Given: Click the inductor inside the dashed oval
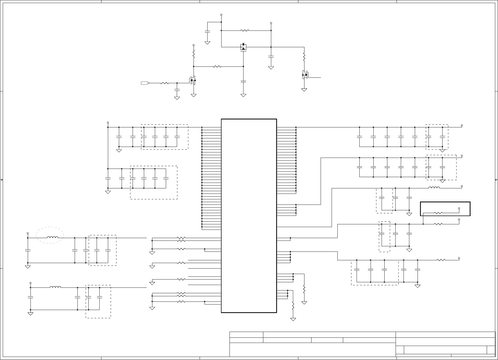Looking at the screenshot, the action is (52, 237).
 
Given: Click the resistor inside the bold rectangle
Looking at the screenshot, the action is (438, 213).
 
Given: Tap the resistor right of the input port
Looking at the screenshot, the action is (164, 83).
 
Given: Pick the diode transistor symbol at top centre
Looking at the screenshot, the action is (243, 47).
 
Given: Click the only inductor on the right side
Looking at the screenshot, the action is (434, 188).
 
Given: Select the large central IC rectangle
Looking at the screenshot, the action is (249, 216).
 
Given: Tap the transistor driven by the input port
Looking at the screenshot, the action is (193, 80).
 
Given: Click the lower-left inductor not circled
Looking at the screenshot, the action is (55, 287).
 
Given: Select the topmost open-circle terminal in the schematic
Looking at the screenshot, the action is (221, 15).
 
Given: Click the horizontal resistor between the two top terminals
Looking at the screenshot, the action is (245, 30).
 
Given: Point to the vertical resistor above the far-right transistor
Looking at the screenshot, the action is (304, 57).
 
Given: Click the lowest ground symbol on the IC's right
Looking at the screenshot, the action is (293, 319).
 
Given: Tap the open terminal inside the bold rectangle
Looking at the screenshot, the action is (459, 208).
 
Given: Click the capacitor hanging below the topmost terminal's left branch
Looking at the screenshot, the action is (207, 32).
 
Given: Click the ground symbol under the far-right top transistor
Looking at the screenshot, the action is (304, 90).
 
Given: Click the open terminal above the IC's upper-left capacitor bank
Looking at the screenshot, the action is (108, 123).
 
